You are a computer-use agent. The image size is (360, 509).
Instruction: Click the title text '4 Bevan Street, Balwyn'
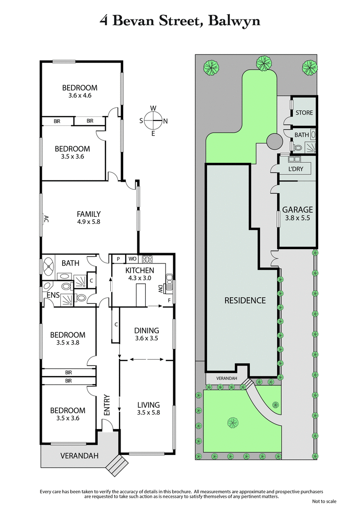180,21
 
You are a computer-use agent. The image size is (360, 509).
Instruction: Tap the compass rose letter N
165,121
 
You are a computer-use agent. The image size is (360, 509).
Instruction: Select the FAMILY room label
89,214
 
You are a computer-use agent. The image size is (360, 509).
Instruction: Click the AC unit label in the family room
45,219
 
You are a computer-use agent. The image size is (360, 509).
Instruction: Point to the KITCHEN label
139,270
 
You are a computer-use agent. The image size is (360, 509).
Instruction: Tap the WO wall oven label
132,259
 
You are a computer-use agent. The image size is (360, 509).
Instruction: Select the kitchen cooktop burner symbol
147,259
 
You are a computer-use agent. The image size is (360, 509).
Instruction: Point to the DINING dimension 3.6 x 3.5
146,338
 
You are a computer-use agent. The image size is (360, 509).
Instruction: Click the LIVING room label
148,405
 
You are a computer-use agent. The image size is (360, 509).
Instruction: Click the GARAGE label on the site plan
297,210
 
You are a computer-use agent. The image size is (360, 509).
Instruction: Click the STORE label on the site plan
304,112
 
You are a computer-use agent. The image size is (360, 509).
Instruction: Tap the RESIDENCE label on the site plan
245,300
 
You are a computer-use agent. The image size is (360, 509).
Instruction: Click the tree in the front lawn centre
233,422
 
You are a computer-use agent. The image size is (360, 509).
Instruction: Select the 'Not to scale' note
324,501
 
